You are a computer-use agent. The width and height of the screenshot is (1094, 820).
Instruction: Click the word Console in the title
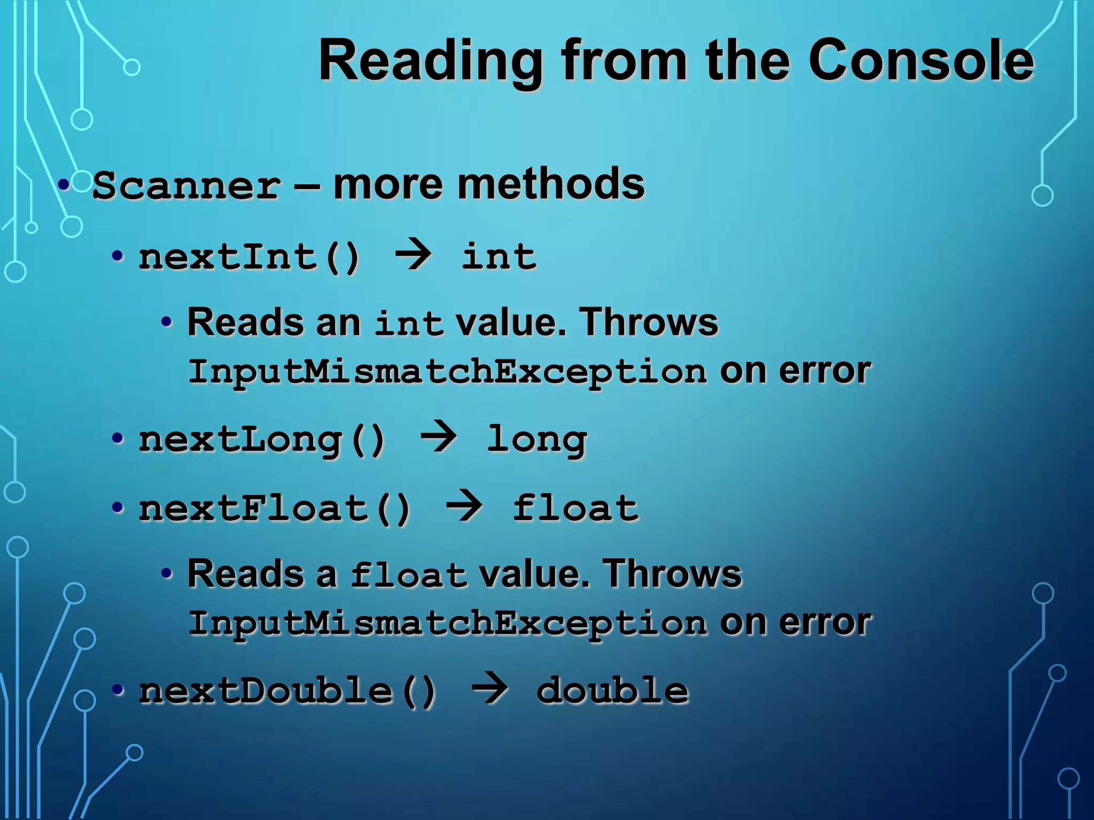(921, 61)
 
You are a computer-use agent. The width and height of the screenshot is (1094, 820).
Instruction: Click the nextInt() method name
(249, 257)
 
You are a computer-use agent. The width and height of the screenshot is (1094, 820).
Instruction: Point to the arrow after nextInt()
(412, 255)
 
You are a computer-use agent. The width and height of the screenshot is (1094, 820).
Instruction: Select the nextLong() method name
(262, 440)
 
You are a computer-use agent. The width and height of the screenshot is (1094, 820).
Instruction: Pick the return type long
(536, 440)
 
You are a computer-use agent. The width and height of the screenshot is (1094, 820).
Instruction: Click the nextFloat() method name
(275, 508)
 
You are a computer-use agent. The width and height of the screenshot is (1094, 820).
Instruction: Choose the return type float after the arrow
(575, 508)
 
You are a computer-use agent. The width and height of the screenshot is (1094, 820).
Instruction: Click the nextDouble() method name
(287, 691)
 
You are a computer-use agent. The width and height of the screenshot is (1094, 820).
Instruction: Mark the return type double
(612, 691)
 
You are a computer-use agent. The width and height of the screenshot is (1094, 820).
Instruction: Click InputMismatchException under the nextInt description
(448, 372)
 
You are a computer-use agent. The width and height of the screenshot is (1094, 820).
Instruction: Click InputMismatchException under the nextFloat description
(448, 623)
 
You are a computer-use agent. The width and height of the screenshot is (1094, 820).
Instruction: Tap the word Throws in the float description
(672, 574)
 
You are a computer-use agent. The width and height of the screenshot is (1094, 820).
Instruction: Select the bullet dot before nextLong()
(118, 439)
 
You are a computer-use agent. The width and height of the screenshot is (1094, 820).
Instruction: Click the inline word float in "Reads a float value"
(408, 575)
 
